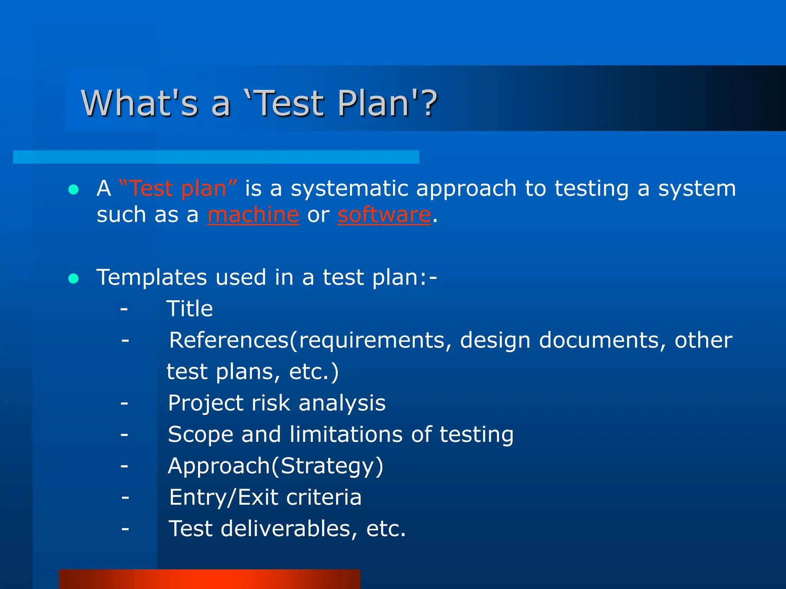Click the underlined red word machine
click(253, 215)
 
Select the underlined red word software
click(384, 215)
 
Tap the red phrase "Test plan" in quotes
click(178, 189)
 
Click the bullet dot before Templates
click(73, 278)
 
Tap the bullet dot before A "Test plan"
click(73, 189)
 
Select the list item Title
click(190, 309)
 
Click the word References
click(229, 340)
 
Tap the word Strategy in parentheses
click(327, 467)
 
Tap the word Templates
click(152, 277)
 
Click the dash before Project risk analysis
click(124, 403)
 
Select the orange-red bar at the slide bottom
click(209, 579)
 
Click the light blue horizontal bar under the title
click(216, 157)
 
